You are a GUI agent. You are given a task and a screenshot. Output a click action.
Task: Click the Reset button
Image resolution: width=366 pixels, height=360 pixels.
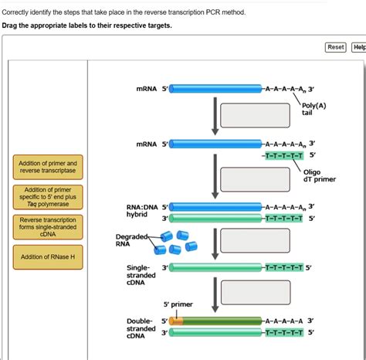point(336,47)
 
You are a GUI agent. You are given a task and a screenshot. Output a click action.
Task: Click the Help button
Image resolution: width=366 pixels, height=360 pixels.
point(359,47)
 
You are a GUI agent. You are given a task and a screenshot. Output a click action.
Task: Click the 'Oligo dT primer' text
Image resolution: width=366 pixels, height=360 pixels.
point(318,176)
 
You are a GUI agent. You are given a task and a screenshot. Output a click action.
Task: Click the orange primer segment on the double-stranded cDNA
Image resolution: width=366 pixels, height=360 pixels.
point(177,320)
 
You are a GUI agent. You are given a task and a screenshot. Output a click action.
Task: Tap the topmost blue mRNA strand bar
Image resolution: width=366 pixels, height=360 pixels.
point(216,89)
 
